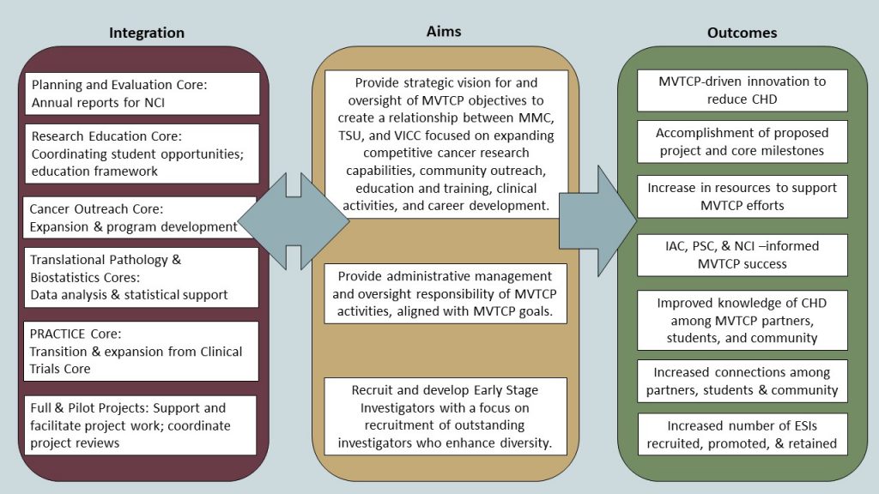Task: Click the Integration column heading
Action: [x=146, y=33]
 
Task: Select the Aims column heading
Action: [x=444, y=32]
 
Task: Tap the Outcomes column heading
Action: [x=742, y=33]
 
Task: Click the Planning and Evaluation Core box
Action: [x=142, y=93]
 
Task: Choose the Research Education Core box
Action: [x=142, y=154]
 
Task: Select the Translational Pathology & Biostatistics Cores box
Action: [x=142, y=277]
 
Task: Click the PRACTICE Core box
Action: [x=142, y=351]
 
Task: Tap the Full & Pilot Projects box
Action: [x=142, y=425]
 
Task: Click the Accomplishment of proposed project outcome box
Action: [x=742, y=142]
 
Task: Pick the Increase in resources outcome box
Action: [x=742, y=196]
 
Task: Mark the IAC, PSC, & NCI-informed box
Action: [x=742, y=255]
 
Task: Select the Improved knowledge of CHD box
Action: [x=742, y=320]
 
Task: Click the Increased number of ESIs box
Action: [x=742, y=434]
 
